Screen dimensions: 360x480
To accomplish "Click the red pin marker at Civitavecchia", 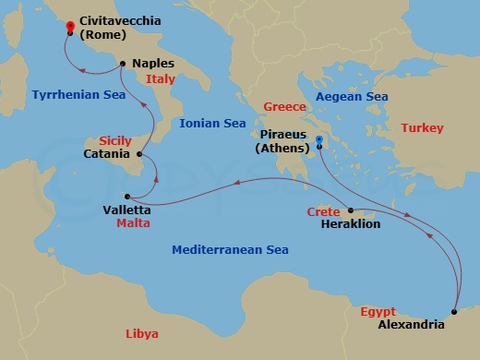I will (70, 28).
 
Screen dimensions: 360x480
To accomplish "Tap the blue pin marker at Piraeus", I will (319, 141).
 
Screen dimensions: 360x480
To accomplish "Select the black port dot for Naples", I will (122, 63).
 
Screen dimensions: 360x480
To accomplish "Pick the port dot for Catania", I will (138, 154).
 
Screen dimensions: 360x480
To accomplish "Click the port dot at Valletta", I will (127, 196).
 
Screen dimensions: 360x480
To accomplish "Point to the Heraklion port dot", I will (351, 210).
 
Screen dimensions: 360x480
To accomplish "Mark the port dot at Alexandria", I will (455, 312).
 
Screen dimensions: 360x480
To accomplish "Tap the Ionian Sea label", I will (213, 122).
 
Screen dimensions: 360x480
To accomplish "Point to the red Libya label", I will (141, 333).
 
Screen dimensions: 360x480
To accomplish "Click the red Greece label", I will (284, 106).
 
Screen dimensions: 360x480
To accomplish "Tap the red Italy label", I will (161, 79).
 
